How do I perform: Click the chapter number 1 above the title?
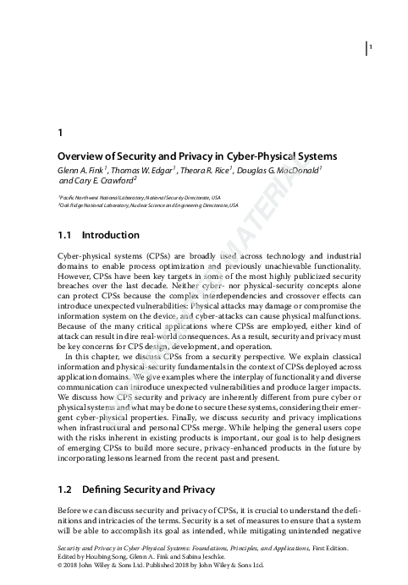tap(58, 132)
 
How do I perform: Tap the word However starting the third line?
tap(75, 275)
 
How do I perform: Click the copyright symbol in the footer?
tap(59, 565)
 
